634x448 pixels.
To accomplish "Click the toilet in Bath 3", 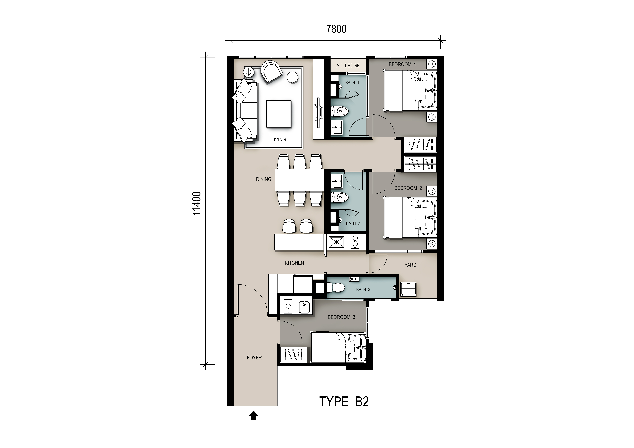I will [336, 288].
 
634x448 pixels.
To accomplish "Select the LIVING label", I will [278, 140].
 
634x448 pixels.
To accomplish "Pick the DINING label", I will [263, 179].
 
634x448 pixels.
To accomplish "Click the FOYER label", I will [254, 357].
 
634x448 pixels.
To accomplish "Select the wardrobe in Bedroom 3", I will [293, 355].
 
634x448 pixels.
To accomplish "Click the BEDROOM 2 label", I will [408, 188].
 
